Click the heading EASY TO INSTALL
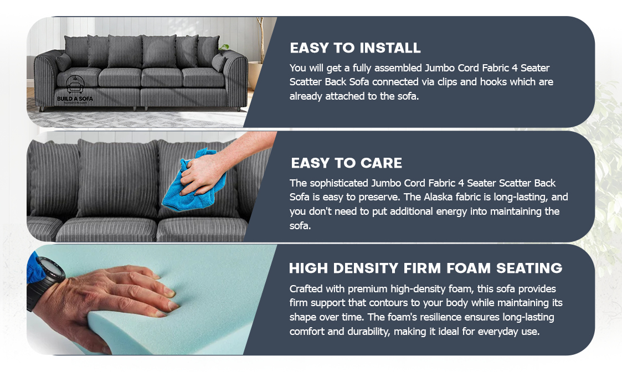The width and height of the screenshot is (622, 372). tap(355, 48)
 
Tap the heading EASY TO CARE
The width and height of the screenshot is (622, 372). tap(346, 163)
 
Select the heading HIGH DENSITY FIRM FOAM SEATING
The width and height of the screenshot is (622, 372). tap(425, 268)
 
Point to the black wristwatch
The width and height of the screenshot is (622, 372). tap(47, 282)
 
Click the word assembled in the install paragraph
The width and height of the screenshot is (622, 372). tap(397, 68)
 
